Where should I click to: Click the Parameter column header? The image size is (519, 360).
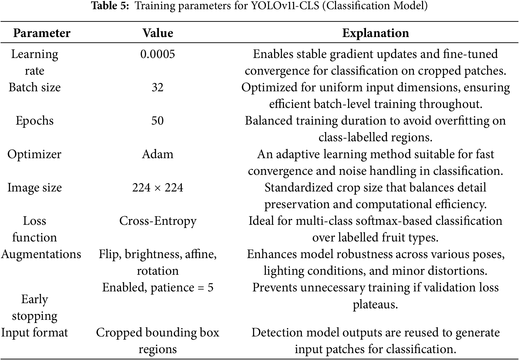coord(42,33)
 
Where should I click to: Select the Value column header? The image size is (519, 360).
coord(158,33)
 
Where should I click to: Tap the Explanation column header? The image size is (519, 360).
coord(375,33)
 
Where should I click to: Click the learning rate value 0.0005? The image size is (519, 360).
coord(157,54)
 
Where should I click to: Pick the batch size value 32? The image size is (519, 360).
coord(157,87)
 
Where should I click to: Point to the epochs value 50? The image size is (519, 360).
coord(157,121)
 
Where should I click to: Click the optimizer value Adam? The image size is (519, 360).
coord(158,154)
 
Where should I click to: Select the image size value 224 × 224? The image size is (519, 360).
coord(158,187)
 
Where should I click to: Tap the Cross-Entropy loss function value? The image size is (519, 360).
coord(158,221)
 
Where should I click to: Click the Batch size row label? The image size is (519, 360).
coord(34,87)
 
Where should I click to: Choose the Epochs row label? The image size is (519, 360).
coord(34,121)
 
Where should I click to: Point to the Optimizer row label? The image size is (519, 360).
coord(34,154)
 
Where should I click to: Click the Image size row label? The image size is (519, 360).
coord(34,187)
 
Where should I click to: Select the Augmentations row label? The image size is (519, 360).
coord(41,254)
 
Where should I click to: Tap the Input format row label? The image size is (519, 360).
coord(34,333)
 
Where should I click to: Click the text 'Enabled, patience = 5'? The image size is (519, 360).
coord(158,287)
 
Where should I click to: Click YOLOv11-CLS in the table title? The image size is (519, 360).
coord(285,6)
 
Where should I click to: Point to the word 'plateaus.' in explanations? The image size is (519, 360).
coord(375,304)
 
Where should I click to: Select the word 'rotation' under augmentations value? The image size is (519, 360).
coord(158,271)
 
